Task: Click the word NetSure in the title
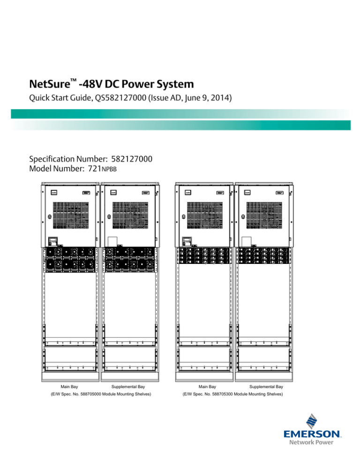(48, 85)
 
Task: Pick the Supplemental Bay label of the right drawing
(266, 387)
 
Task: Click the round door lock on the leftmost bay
(49, 217)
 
